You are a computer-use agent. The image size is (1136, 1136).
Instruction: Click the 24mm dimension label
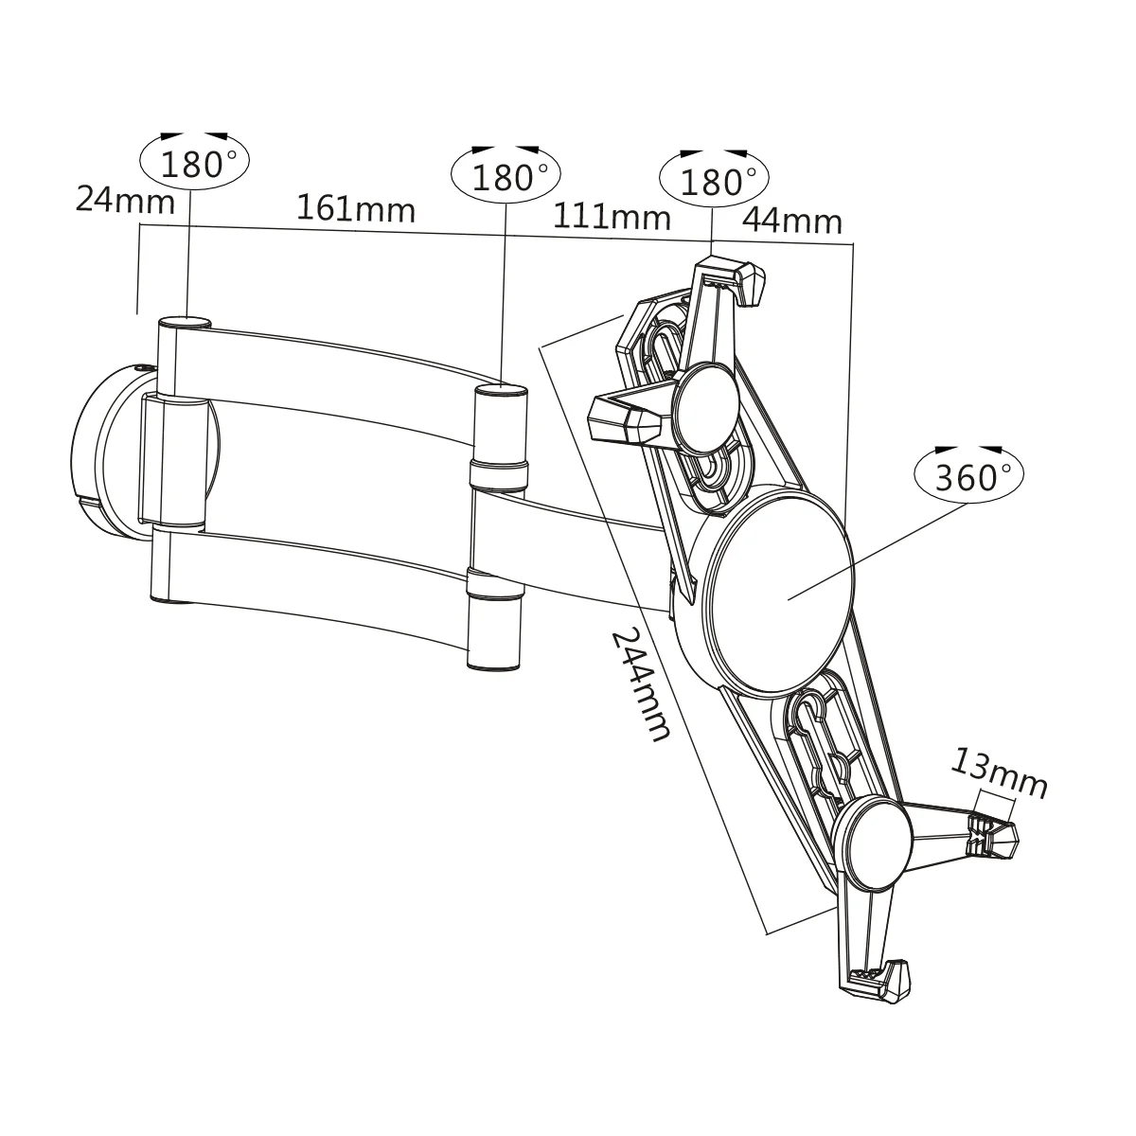point(125,200)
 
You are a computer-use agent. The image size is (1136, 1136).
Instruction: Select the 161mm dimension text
point(356,208)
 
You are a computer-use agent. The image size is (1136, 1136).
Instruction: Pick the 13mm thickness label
point(1000,773)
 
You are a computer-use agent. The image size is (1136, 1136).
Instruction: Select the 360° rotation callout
point(968,475)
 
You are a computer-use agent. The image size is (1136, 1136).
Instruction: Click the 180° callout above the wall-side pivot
point(194,163)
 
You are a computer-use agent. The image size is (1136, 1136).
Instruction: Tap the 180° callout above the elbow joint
point(506,176)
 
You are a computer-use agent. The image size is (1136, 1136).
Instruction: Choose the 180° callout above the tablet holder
point(715,180)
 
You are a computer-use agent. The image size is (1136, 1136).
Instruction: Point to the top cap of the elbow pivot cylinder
point(499,389)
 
